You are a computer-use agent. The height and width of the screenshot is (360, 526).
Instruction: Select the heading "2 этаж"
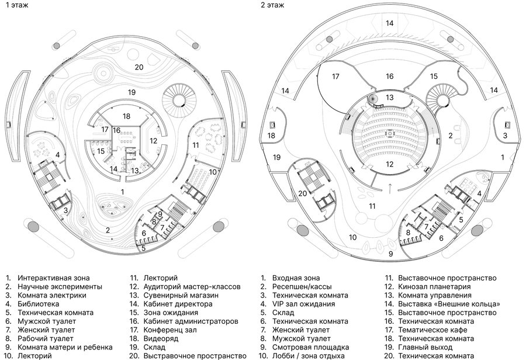273,5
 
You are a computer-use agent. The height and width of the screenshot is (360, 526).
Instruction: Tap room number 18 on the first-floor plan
127,116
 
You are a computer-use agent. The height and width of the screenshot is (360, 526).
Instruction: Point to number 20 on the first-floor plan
139,67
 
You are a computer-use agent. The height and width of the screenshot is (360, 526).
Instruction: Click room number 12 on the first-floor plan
153,140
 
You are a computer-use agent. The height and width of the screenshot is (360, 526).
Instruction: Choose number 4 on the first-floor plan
58,155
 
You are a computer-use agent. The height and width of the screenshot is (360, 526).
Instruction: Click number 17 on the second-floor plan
335,77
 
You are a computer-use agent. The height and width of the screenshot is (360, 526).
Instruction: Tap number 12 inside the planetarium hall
390,165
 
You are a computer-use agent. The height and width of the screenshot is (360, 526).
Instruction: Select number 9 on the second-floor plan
390,253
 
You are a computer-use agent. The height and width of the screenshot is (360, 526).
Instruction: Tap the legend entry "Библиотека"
38,304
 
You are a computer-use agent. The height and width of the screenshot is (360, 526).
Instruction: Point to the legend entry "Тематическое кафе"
431,330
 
